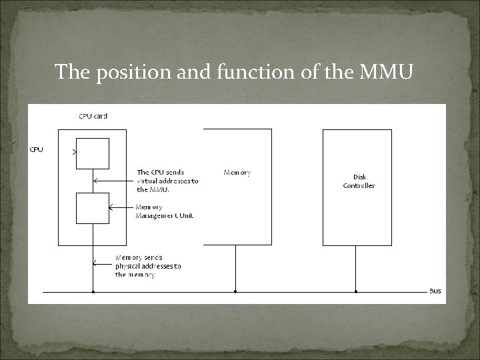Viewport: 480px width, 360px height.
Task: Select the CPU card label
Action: point(93,116)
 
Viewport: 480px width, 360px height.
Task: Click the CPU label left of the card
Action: point(36,149)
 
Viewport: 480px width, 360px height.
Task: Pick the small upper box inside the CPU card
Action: point(92,153)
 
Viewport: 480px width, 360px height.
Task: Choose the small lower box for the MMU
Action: point(92,208)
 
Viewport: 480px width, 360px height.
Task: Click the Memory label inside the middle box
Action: point(237,173)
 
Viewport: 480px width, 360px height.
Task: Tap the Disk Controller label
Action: point(359,181)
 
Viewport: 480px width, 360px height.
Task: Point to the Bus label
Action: point(435,291)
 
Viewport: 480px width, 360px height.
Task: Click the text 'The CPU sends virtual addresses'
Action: point(167,181)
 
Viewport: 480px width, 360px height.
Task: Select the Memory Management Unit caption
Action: point(164,211)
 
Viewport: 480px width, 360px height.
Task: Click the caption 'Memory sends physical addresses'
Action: point(148,266)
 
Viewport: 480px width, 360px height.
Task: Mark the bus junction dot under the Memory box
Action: point(235,291)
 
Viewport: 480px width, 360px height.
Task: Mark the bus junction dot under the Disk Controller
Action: point(356,291)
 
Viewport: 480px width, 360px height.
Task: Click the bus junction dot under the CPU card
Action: point(93,291)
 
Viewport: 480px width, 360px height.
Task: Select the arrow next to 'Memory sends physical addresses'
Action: point(103,264)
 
